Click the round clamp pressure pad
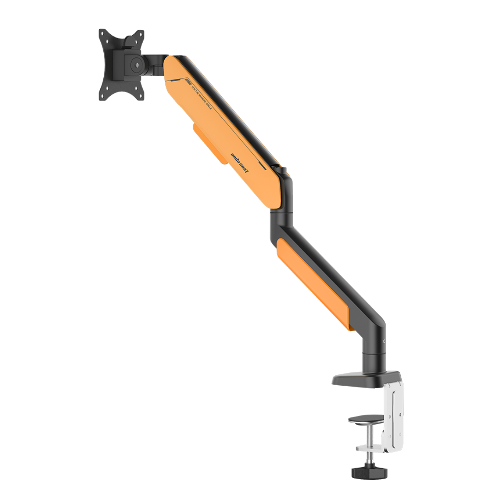pos(366,419)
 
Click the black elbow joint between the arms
pos(281,209)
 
